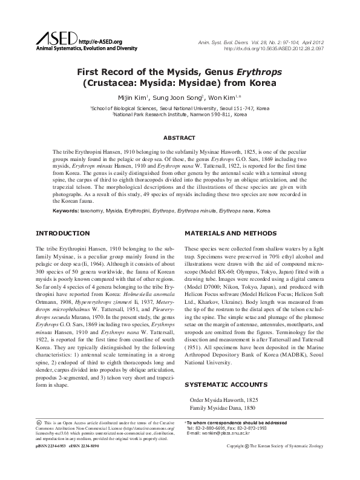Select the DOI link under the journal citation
point(276,48)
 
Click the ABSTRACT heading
point(180,137)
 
